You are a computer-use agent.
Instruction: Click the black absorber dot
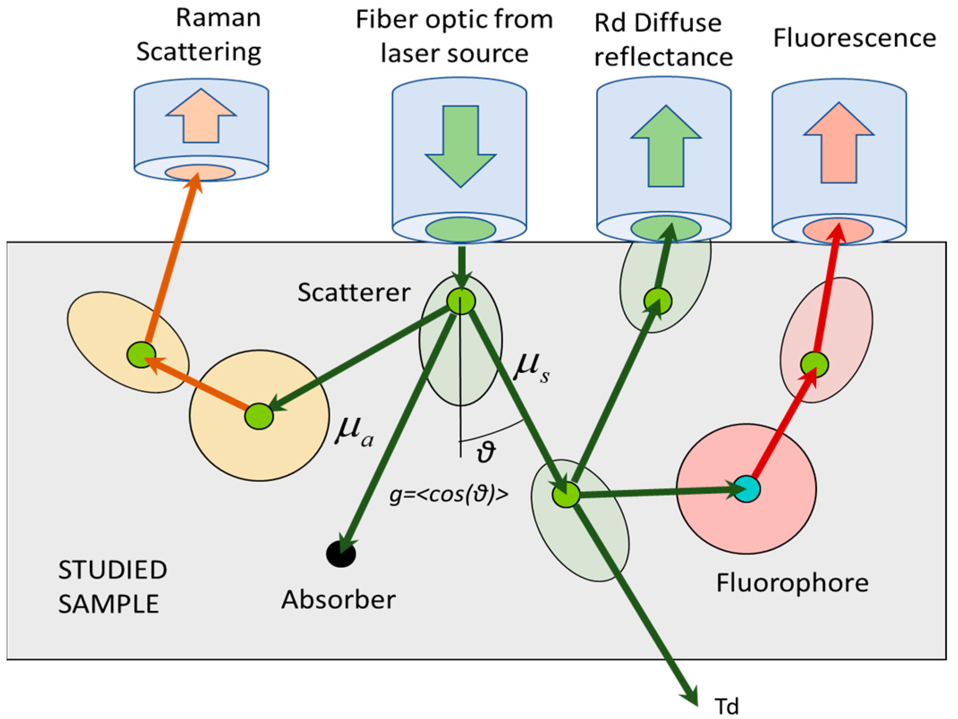pyautogui.click(x=341, y=554)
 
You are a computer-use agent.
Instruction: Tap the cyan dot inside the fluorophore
pyautogui.click(x=747, y=489)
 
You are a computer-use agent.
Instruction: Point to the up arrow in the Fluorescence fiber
pyautogui.click(x=839, y=143)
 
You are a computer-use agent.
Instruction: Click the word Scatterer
pyautogui.click(x=354, y=293)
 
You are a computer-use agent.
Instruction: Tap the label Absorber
pyautogui.click(x=338, y=600)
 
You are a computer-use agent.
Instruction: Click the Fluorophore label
pyautogui.click(x=792, y=583)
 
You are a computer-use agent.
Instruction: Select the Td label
pyautogui.click(x=727, y=706)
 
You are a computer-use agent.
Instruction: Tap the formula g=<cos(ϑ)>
pyautogui.click(x=449, y=495)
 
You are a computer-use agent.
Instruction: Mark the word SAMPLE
pyautogui.click(x=109, y=604)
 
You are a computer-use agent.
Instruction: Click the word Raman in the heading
pyautogui.click(x=218, y=18)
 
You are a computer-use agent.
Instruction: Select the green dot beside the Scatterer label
pyautogui.click(x=461, y=301)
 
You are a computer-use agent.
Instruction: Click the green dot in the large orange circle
pyautogui.click(x=259, y=416)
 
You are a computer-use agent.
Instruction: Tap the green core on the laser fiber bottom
pyautogui.click(x=460, y=229)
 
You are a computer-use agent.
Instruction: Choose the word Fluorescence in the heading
pyautogui.click(x=854, y=38)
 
